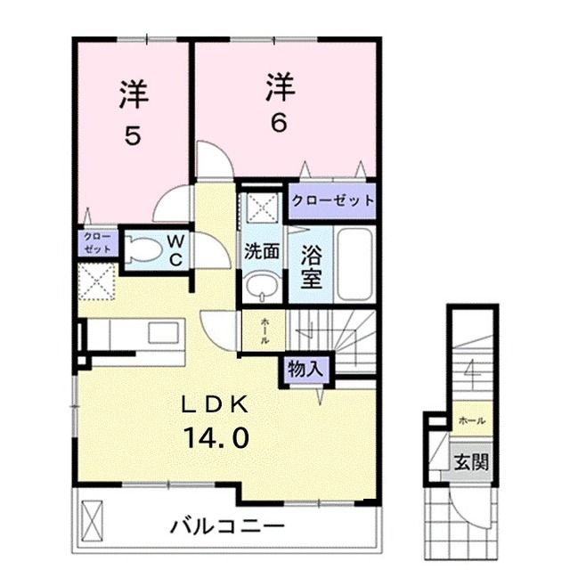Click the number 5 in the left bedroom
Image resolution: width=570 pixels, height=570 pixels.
coord(132,137)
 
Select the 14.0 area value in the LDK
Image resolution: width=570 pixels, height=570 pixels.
coord(216,437)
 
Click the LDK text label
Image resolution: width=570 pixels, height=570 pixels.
coord(216,403)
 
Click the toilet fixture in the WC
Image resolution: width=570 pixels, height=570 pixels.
coord(142,250)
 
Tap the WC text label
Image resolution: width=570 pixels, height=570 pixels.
coord(175,250)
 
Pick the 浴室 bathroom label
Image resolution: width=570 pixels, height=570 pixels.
coord(311,265)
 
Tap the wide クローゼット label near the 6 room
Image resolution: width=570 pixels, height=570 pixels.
coord(332,200)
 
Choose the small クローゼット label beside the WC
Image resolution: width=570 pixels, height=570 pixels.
coord(97,242)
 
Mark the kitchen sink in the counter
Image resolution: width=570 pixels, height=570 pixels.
coord(162,334)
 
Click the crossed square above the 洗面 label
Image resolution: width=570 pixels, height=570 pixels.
coord(261,207)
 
